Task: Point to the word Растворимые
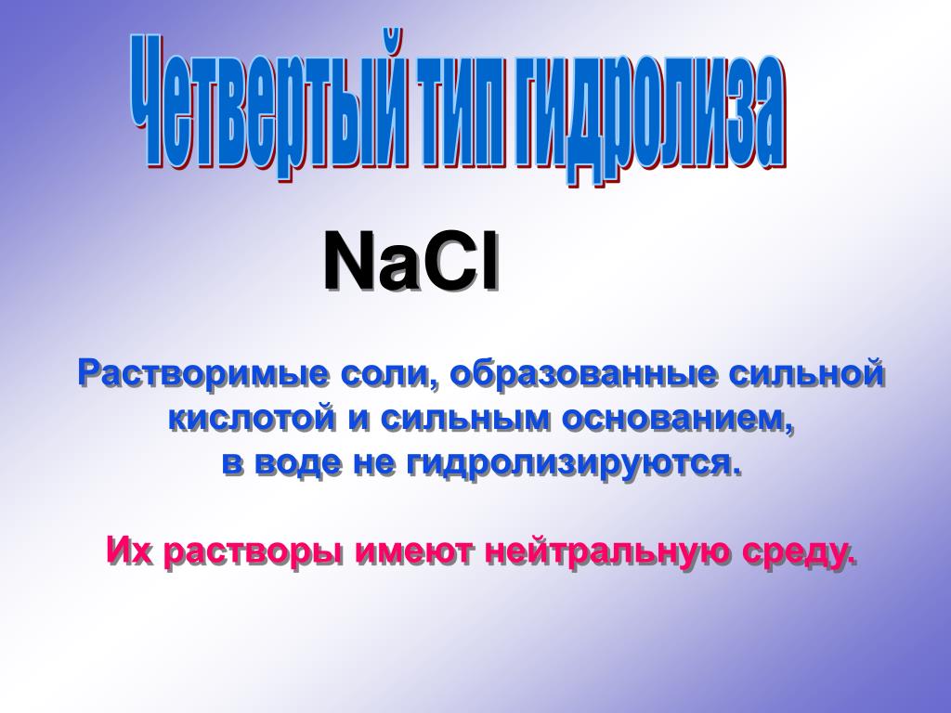pyautogui.click(x=203, y=375)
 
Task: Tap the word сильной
pyautogui.click(x=806, y=373)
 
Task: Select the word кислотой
pyautogui.click(x=252, y=419)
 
